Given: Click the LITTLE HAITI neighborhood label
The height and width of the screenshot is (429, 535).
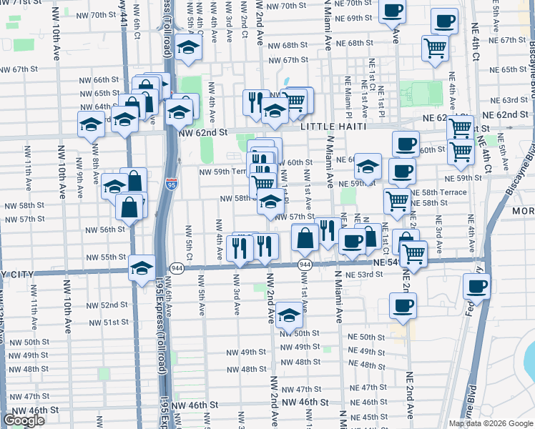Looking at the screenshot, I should (x=333, y=127).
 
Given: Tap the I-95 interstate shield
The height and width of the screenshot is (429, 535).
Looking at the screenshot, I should (x=170, y=184).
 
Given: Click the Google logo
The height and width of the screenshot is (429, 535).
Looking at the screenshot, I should (x=24, y=421).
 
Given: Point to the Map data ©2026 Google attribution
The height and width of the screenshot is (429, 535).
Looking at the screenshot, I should (x=491, y=423).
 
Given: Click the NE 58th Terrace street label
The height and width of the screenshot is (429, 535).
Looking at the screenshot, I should (x=438, y=192).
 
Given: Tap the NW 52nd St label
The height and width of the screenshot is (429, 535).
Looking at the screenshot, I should (x=104, y=305).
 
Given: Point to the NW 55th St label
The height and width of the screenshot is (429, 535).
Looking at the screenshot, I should (x=107, y=257).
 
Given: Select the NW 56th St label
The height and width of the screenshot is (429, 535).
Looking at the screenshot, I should (x=104, y=230).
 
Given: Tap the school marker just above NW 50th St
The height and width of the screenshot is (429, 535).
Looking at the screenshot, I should (x=288, y=314).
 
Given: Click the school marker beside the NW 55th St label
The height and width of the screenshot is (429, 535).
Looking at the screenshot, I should (x=142, y=268).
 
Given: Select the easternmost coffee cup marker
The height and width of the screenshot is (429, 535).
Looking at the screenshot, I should (x=476, y=287).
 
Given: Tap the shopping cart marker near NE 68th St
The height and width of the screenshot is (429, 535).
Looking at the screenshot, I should (x=435, y=48).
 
